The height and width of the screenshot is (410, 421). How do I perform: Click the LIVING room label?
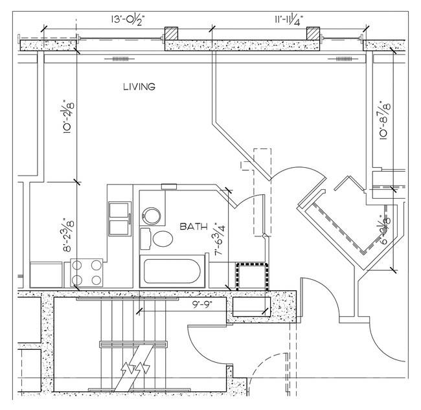[x=139, y=87]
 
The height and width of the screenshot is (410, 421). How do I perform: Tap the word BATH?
[x=194, y=227]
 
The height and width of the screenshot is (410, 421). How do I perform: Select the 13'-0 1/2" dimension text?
[x=127, y=19]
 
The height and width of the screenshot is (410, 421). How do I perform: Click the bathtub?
[x=172, y=271]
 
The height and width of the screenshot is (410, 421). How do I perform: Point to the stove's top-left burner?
[x=78, y=265]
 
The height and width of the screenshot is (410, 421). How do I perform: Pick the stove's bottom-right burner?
[x=97, y=280]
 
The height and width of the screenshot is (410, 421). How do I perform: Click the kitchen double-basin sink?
[x=120, y=218]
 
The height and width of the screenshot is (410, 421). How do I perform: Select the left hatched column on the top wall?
[x=170, y=34]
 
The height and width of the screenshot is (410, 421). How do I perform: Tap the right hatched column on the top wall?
[x=314, y=34]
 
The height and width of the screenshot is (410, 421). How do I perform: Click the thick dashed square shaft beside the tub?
[x=251, y=276]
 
